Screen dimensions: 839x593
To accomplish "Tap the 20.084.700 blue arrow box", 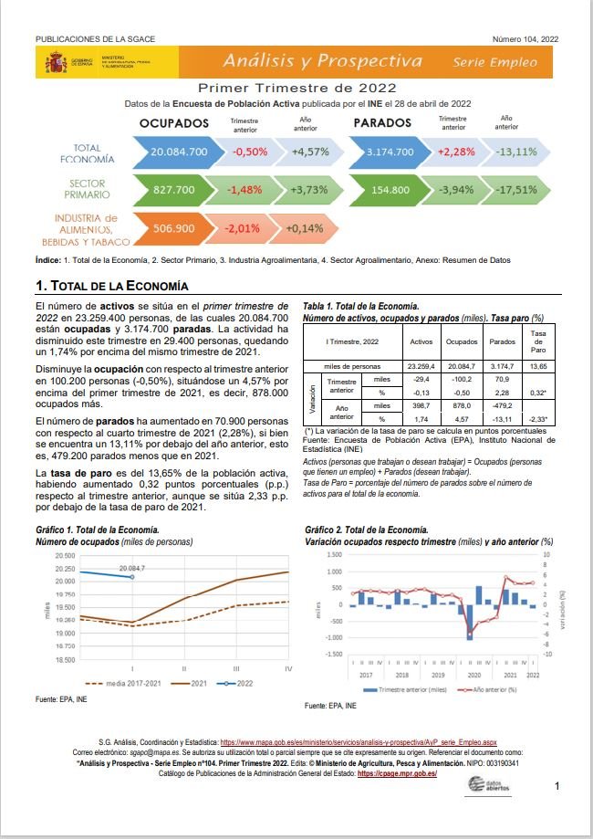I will click(180, 151).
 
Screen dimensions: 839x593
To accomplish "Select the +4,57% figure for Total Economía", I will click(309, 151).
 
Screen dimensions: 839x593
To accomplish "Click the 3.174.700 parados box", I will click(390, 151).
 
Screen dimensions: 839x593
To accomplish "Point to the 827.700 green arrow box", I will click(174, 190).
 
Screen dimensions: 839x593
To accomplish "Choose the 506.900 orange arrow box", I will click(174, 228).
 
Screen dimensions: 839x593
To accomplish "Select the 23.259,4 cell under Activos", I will click(421, 366).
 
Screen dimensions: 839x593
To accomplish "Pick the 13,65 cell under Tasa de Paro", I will click(538, 366).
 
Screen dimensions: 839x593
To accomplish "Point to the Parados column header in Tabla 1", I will click(503, 341).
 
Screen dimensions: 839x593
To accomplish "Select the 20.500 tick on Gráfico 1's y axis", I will click(65, 556).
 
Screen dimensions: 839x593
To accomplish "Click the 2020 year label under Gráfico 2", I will click(473, 675).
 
